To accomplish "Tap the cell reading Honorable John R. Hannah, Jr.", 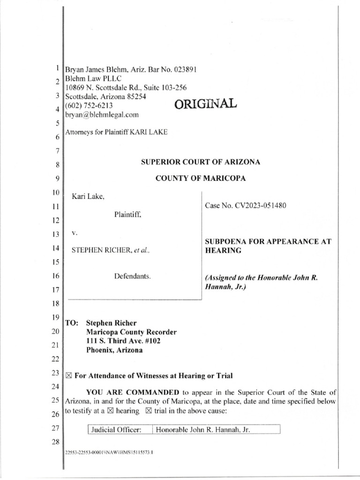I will click(x=197, y=429).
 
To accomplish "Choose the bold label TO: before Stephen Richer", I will click(x=71, y=323).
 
